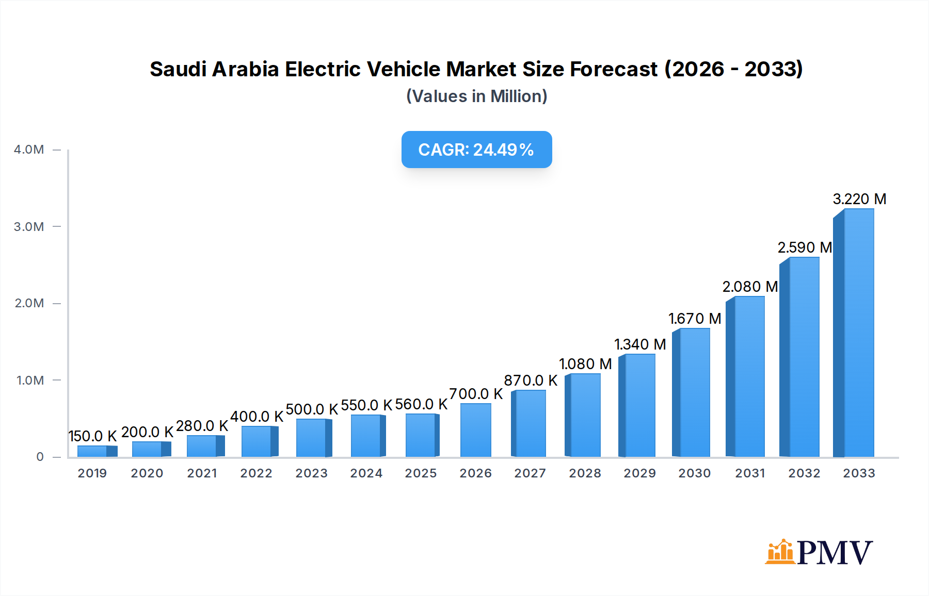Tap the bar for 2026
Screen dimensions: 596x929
click(475, 431)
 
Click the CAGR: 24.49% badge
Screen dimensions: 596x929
click(476, 150)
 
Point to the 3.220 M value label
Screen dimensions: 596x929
click(859, 199)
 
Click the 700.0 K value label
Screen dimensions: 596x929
click(475, 394)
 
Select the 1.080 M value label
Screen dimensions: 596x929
click(585, 364)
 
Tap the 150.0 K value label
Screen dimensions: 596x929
click(93, 436)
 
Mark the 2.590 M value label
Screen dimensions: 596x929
click(804, 247)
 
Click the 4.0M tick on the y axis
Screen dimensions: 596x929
click(29, 150)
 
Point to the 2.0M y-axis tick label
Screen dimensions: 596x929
click(29, 303)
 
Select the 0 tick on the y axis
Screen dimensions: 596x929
click(40, 457)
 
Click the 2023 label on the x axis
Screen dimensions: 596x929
click(311, 473)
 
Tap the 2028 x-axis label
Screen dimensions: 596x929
click(585, 473)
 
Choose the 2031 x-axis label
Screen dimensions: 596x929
click(749, 473)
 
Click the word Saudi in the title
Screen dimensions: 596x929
click(178, 69)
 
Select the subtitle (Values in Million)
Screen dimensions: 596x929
click(476, 96)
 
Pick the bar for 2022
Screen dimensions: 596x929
click(258, 441)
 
